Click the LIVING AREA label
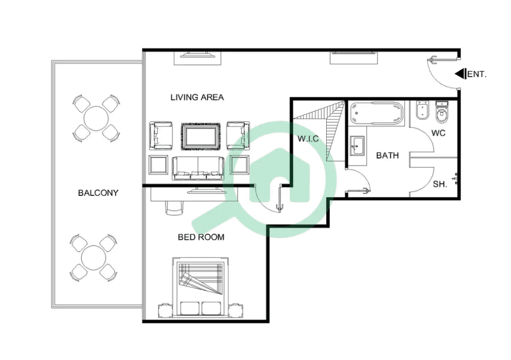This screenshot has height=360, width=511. pyautogui.click(x=197, y=97)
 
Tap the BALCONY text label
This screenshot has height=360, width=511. pyautogui.click(x=98, y=193)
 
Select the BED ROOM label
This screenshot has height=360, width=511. pyautogui.click(x=201, y=237)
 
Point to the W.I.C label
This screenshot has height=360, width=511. pyautogui.click(x=308, y=138)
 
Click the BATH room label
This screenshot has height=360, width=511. pyautogui.click(x=387, y=155)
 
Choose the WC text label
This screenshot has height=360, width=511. pyautogui.click(x=439, y=133)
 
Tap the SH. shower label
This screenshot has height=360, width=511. pyautogui.click(x=440, y=184)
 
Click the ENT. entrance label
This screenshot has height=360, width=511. pyautogui.click(x=477, y=75)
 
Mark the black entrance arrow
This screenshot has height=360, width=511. pyautogui.click(x=460, y=74)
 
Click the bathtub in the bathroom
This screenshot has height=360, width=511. pyautogui.click(x=376, y=113)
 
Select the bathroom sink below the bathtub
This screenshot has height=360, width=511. pyautogui.click(x=357, y=146)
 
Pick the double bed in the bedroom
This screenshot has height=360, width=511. pyautogui.click(x=201, y=287)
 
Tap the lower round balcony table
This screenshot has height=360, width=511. pyautogui.click(x=94, y=257)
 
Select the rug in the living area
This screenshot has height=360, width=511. pyautogui.click(x=201, y=136)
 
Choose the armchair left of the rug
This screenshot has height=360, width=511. pyautogui.click(x=160, y=135)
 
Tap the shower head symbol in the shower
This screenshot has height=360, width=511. pyautogui.click(x=456, y=178)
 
